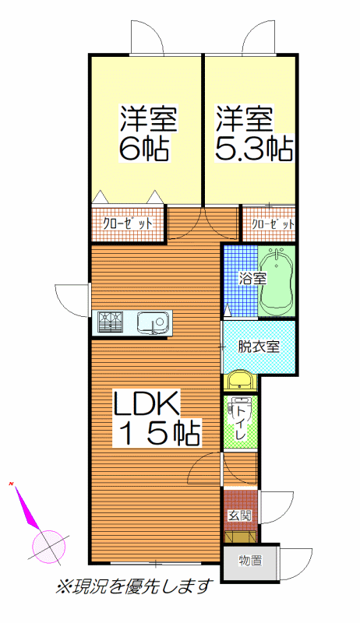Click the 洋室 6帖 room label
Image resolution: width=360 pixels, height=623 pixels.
(148, 132)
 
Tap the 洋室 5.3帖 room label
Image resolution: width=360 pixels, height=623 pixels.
(254, 132)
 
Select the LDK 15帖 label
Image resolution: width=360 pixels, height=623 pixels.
(156, 418)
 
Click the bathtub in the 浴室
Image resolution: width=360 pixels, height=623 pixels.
(277, 283)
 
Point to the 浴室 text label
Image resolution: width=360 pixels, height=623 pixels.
(252, 279)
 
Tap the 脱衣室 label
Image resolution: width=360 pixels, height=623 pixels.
(259, 347)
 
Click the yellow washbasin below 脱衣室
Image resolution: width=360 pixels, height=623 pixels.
(239, 382)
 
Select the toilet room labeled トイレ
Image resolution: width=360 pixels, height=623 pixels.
(240, 422)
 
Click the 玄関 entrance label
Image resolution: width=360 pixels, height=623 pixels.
(239, 516)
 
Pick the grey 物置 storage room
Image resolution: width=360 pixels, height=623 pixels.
(250, 562)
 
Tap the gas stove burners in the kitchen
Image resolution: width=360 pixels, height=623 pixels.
(111, 321)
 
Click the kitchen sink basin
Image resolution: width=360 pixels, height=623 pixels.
(153, 321)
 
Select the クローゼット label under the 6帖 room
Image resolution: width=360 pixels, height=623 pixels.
(128, 224)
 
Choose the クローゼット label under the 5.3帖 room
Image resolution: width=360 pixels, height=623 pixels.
(273, 224)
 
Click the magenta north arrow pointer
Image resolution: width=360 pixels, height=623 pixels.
(28, 507)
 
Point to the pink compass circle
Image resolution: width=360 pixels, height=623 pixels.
(48, 547)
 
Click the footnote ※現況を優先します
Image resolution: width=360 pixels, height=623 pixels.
(133, 586)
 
